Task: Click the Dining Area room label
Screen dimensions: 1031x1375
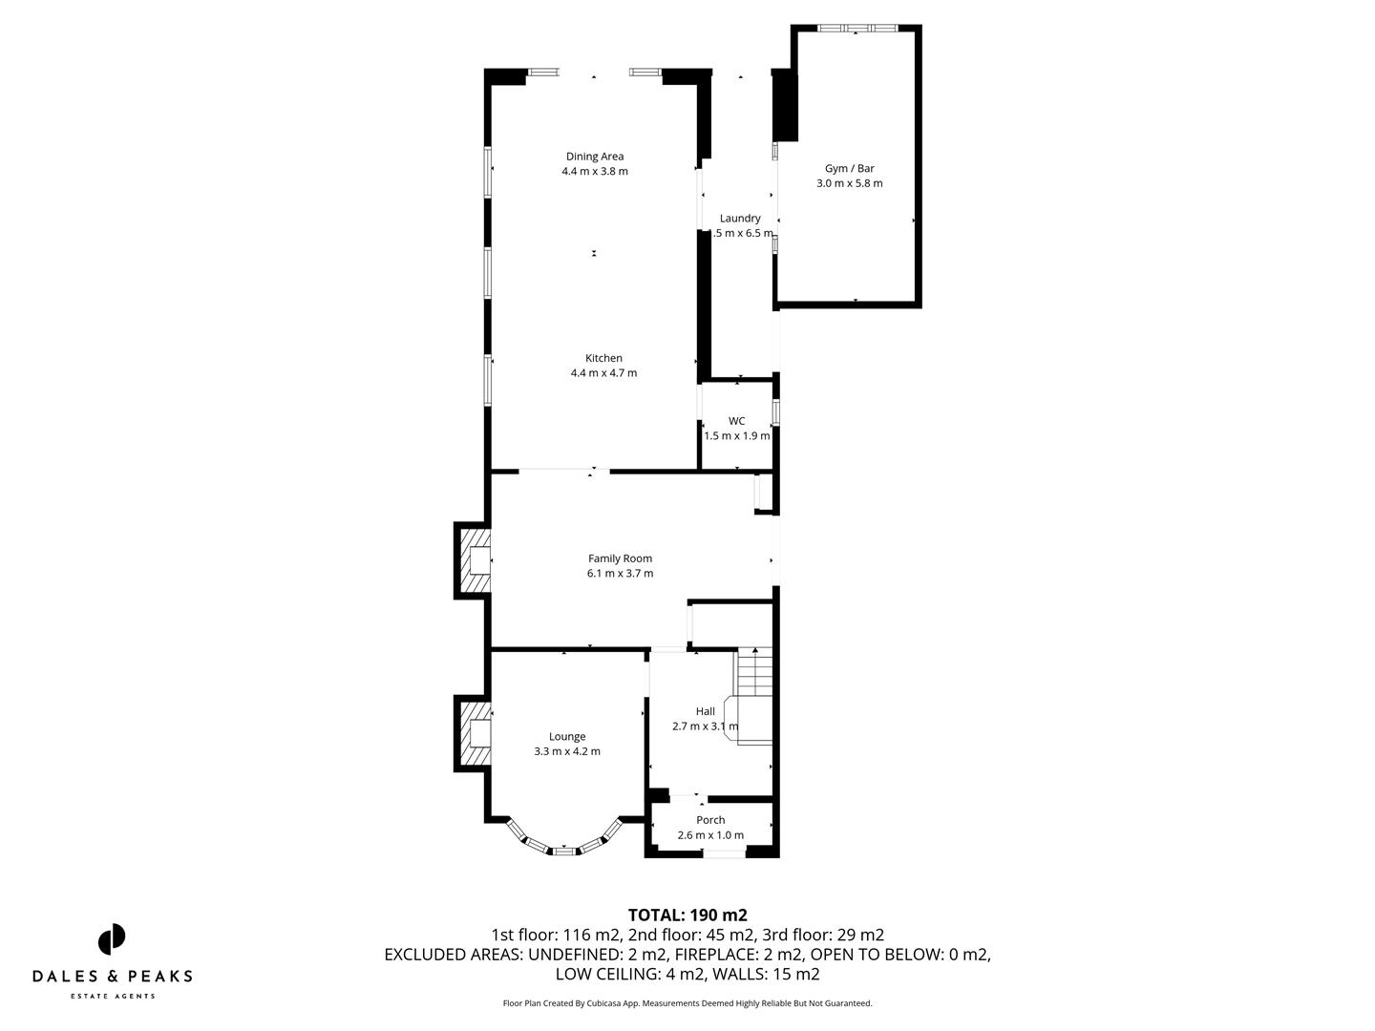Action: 595,157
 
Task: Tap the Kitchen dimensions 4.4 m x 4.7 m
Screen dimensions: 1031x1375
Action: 603,373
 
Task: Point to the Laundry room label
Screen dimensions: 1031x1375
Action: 740,219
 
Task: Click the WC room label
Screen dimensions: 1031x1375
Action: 736,421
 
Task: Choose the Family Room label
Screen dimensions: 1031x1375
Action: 620,558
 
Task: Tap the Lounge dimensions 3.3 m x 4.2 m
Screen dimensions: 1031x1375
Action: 567,751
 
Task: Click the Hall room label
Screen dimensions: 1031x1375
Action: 706,711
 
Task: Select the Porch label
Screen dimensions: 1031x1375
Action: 710,820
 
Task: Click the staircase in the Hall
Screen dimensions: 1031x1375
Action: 754,673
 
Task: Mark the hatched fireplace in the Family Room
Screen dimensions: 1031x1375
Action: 475,561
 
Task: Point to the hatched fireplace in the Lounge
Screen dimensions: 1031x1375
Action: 475,732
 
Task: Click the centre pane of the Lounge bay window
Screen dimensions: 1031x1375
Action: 564,849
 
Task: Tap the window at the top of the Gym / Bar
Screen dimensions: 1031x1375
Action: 856,29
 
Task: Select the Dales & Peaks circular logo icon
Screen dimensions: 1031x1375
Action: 112,939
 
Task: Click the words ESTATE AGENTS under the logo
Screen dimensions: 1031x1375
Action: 113,996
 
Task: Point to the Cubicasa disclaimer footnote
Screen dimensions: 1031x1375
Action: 687,1003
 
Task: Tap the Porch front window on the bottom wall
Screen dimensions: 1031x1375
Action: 725,852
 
